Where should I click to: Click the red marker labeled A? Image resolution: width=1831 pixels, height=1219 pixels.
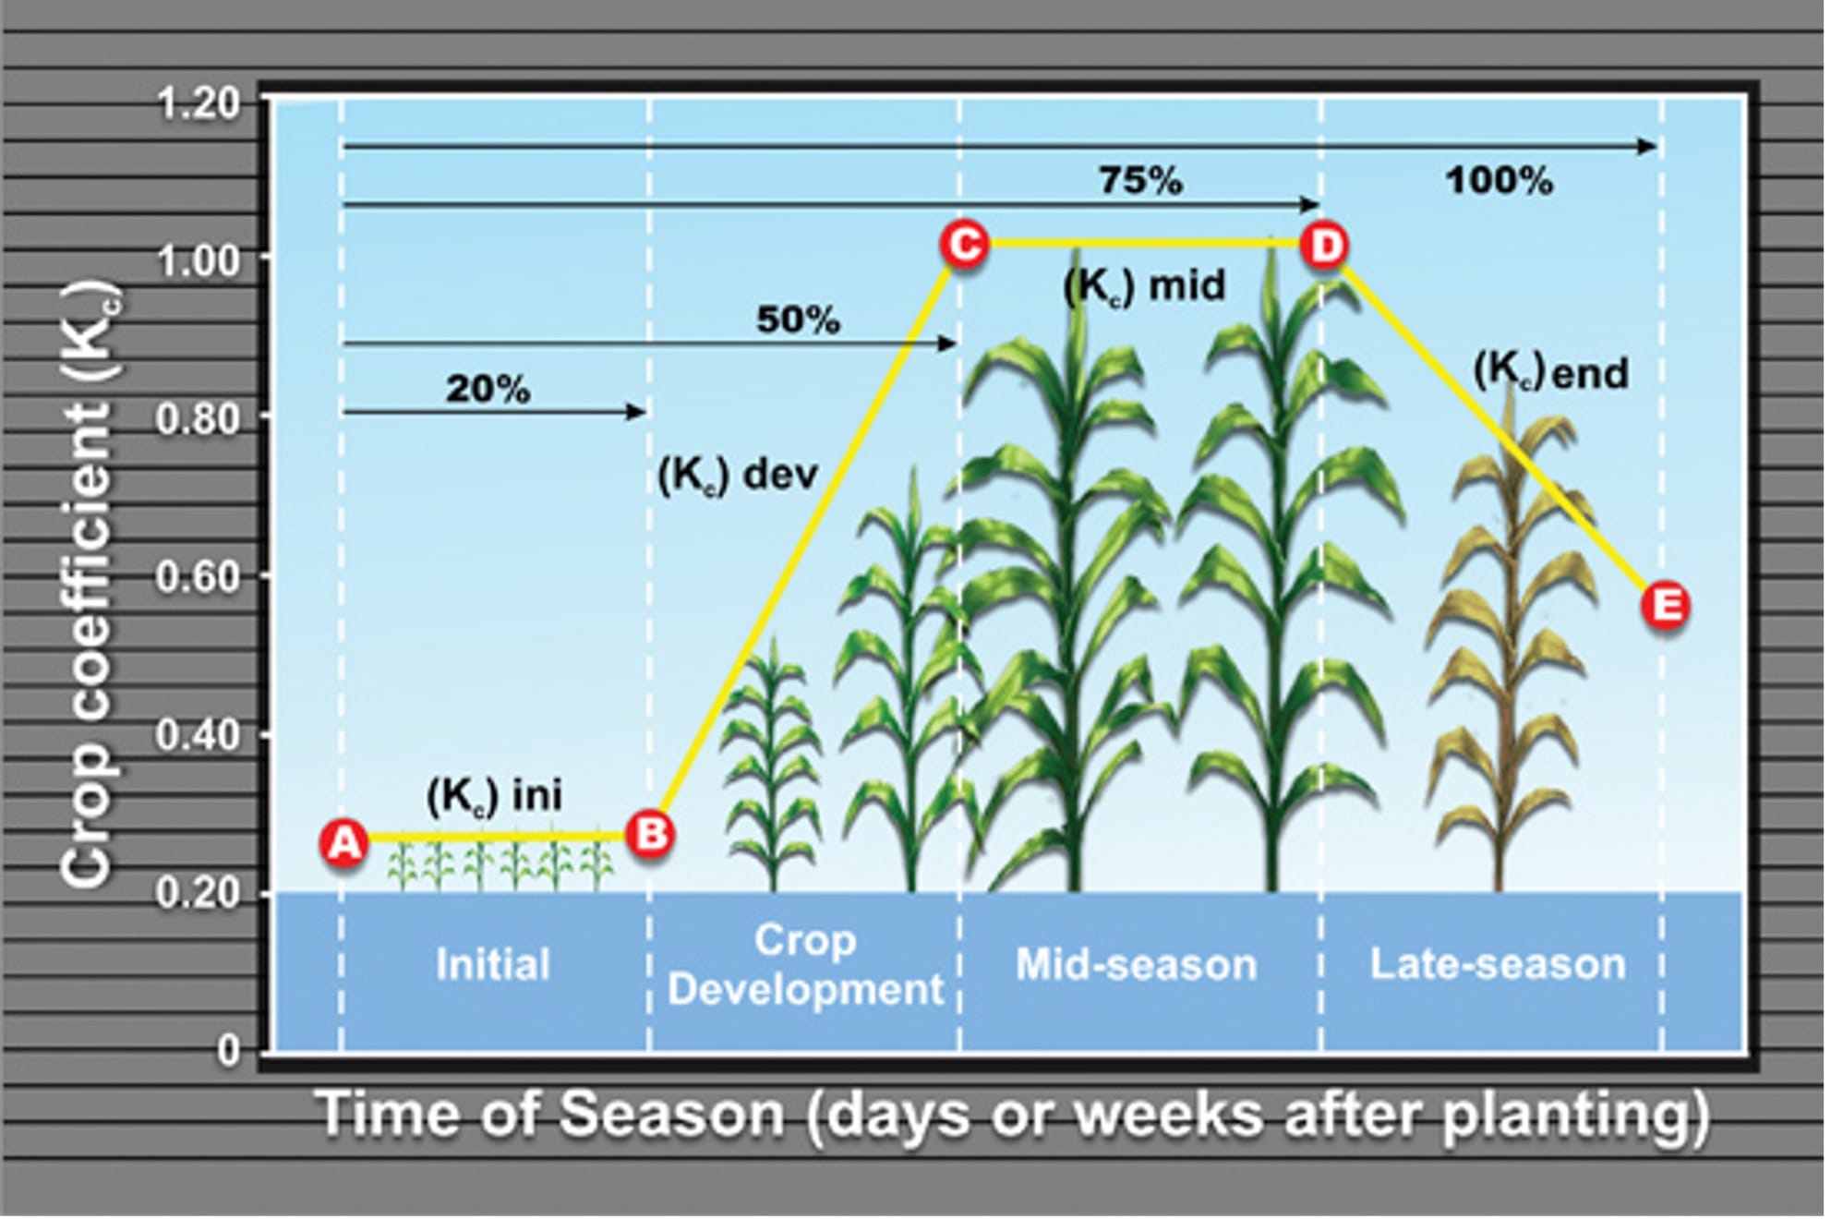pyautogui.click(x=343, y=842)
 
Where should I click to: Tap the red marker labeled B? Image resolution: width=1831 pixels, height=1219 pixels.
pyautogui.click(x=651, y=834)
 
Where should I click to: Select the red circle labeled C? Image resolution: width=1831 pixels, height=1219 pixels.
pyautogui.click(x=964, y=245)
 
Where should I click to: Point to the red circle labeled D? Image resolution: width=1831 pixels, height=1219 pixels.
pyautogui.click(x=1325, y=246)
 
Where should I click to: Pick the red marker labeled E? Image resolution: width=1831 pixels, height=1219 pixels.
pyautogui.click(x=1666, y=606)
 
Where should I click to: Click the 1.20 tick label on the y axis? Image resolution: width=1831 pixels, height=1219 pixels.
pyautogui.click(x=199, y=103)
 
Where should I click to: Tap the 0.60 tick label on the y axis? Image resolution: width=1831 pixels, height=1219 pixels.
pyautogui.click(x=199, y=577)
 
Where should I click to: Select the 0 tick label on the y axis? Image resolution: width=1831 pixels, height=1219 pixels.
pyautogui.click(x=228, y=1050)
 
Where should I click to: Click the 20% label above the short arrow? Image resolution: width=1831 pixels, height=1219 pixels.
pyautogui.click(x=488, y=389)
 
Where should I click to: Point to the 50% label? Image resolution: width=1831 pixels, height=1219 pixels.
pyautogui.click(x=798, y=320)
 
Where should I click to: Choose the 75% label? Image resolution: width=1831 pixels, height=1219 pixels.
pyautogui.click(x=1140, y=180)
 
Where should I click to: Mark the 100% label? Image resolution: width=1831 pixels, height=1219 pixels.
pyautogui.click(x=1499, y=180)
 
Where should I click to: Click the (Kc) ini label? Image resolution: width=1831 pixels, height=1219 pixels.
pyautogui.click(x=494, y=795)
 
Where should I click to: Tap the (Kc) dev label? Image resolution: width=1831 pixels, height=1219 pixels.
pyautogui.click(x=738, y=475)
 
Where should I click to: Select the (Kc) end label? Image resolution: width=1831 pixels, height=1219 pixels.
pyautogui.click(x=1550, y=372)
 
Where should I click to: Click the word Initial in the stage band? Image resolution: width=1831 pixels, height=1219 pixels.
pyautogui.click(x=492, y=964)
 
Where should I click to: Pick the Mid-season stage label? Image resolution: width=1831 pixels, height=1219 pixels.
pyautogui.click(x=1136, y=964)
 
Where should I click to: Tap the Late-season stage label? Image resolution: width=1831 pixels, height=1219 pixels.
pyautogui.click(x=1497, y=964)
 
